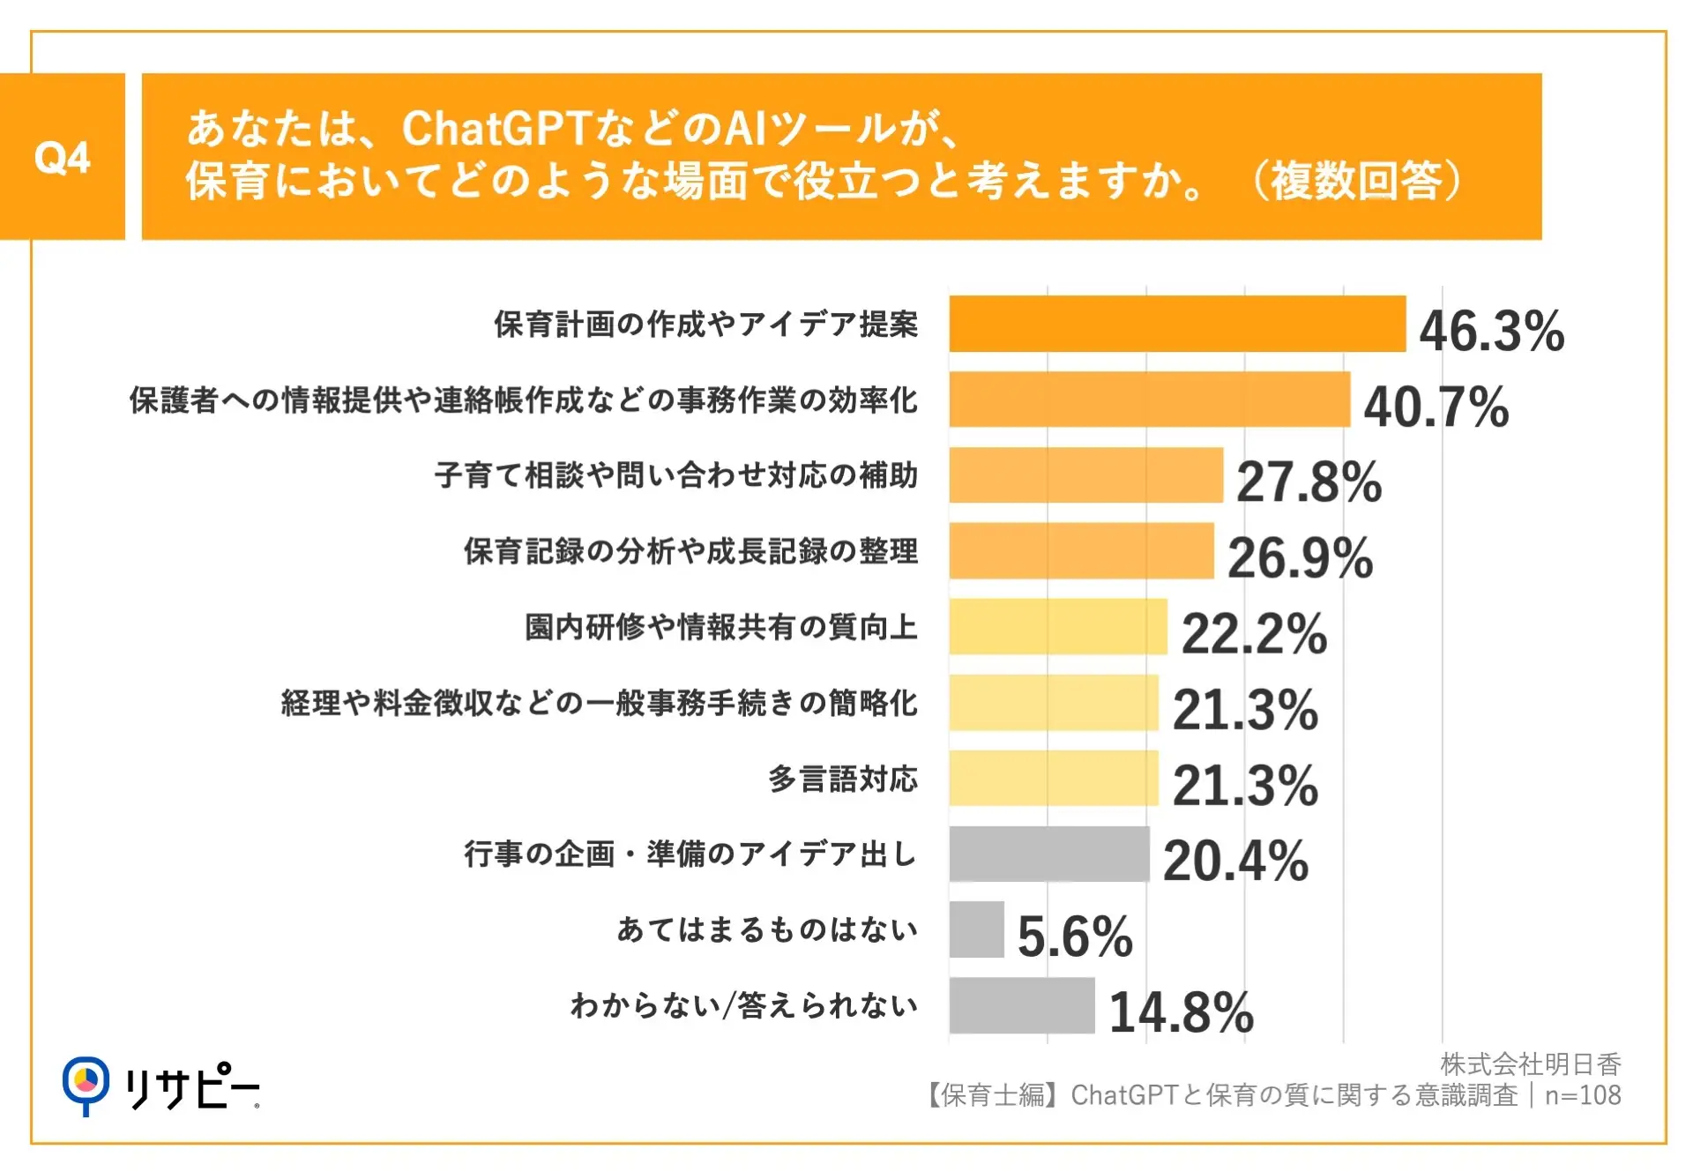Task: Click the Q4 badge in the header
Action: (62, 157)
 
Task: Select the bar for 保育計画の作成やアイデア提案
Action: (1176, 324)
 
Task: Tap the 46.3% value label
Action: (1491, 331)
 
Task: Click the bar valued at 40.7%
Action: (1149, 399)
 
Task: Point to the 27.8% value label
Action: (1309, 481)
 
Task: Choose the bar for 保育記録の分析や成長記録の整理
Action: (1081, 551)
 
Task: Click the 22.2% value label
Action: (1253, 633)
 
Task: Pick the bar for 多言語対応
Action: (1053, 778)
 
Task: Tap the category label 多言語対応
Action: (842, 779)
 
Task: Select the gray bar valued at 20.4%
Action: (1048, 854)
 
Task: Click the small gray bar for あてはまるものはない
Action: (976, 929)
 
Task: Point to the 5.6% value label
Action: (1074, 936)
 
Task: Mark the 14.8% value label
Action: (1181, 1012)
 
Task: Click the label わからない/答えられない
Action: (743, 1005)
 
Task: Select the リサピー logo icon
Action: (86, 1084)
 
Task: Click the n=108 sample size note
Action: (1583, 1095)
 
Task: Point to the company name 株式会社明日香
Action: (1530, 1064)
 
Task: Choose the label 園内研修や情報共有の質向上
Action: (720, 627)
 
